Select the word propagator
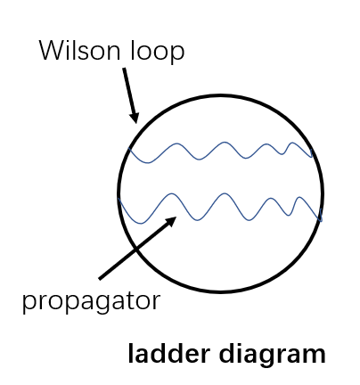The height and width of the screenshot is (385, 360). click(x=91, y=300)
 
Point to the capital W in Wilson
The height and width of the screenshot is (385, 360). click(x=51, y=51)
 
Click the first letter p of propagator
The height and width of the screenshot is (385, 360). click(x=28, y=302)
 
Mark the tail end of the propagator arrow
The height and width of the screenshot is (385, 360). click(x=99, y=277)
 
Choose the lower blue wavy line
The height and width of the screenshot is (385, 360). click(x=223, y=207)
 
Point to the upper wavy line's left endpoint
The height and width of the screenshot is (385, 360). click(x=130, y=148)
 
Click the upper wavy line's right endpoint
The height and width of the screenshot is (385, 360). click(x=314, y=157)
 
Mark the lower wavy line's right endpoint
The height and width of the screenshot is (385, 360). click(x=322, y=219)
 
